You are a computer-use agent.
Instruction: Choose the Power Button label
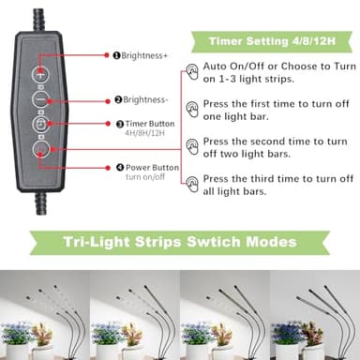151,168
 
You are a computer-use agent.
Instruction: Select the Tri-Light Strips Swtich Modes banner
179,243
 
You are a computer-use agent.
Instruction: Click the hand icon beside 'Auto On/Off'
192,72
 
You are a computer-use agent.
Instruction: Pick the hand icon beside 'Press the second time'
192,146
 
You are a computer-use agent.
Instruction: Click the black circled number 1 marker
117,55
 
